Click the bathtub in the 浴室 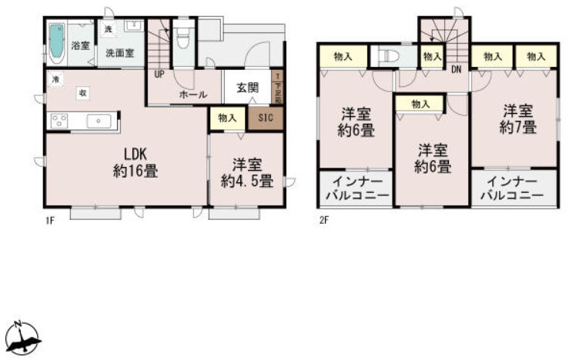pyautogui.click(x=57, y=44)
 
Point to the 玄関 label pyautogui.click(x=248, y=86)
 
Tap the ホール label pyautogui.click(x=192, y=94)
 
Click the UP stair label pyautogui.click(x=159, y=75)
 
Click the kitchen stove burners pyautogui.click(x=59, y=122)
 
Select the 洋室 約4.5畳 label pyautogui.click(x=246, y=173)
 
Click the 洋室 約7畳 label pyautogui.click(x=517, y=118)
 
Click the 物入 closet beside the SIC pyautogui.click(x=227, y=118)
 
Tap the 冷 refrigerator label pyautogui.click(x=55, y=79)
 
